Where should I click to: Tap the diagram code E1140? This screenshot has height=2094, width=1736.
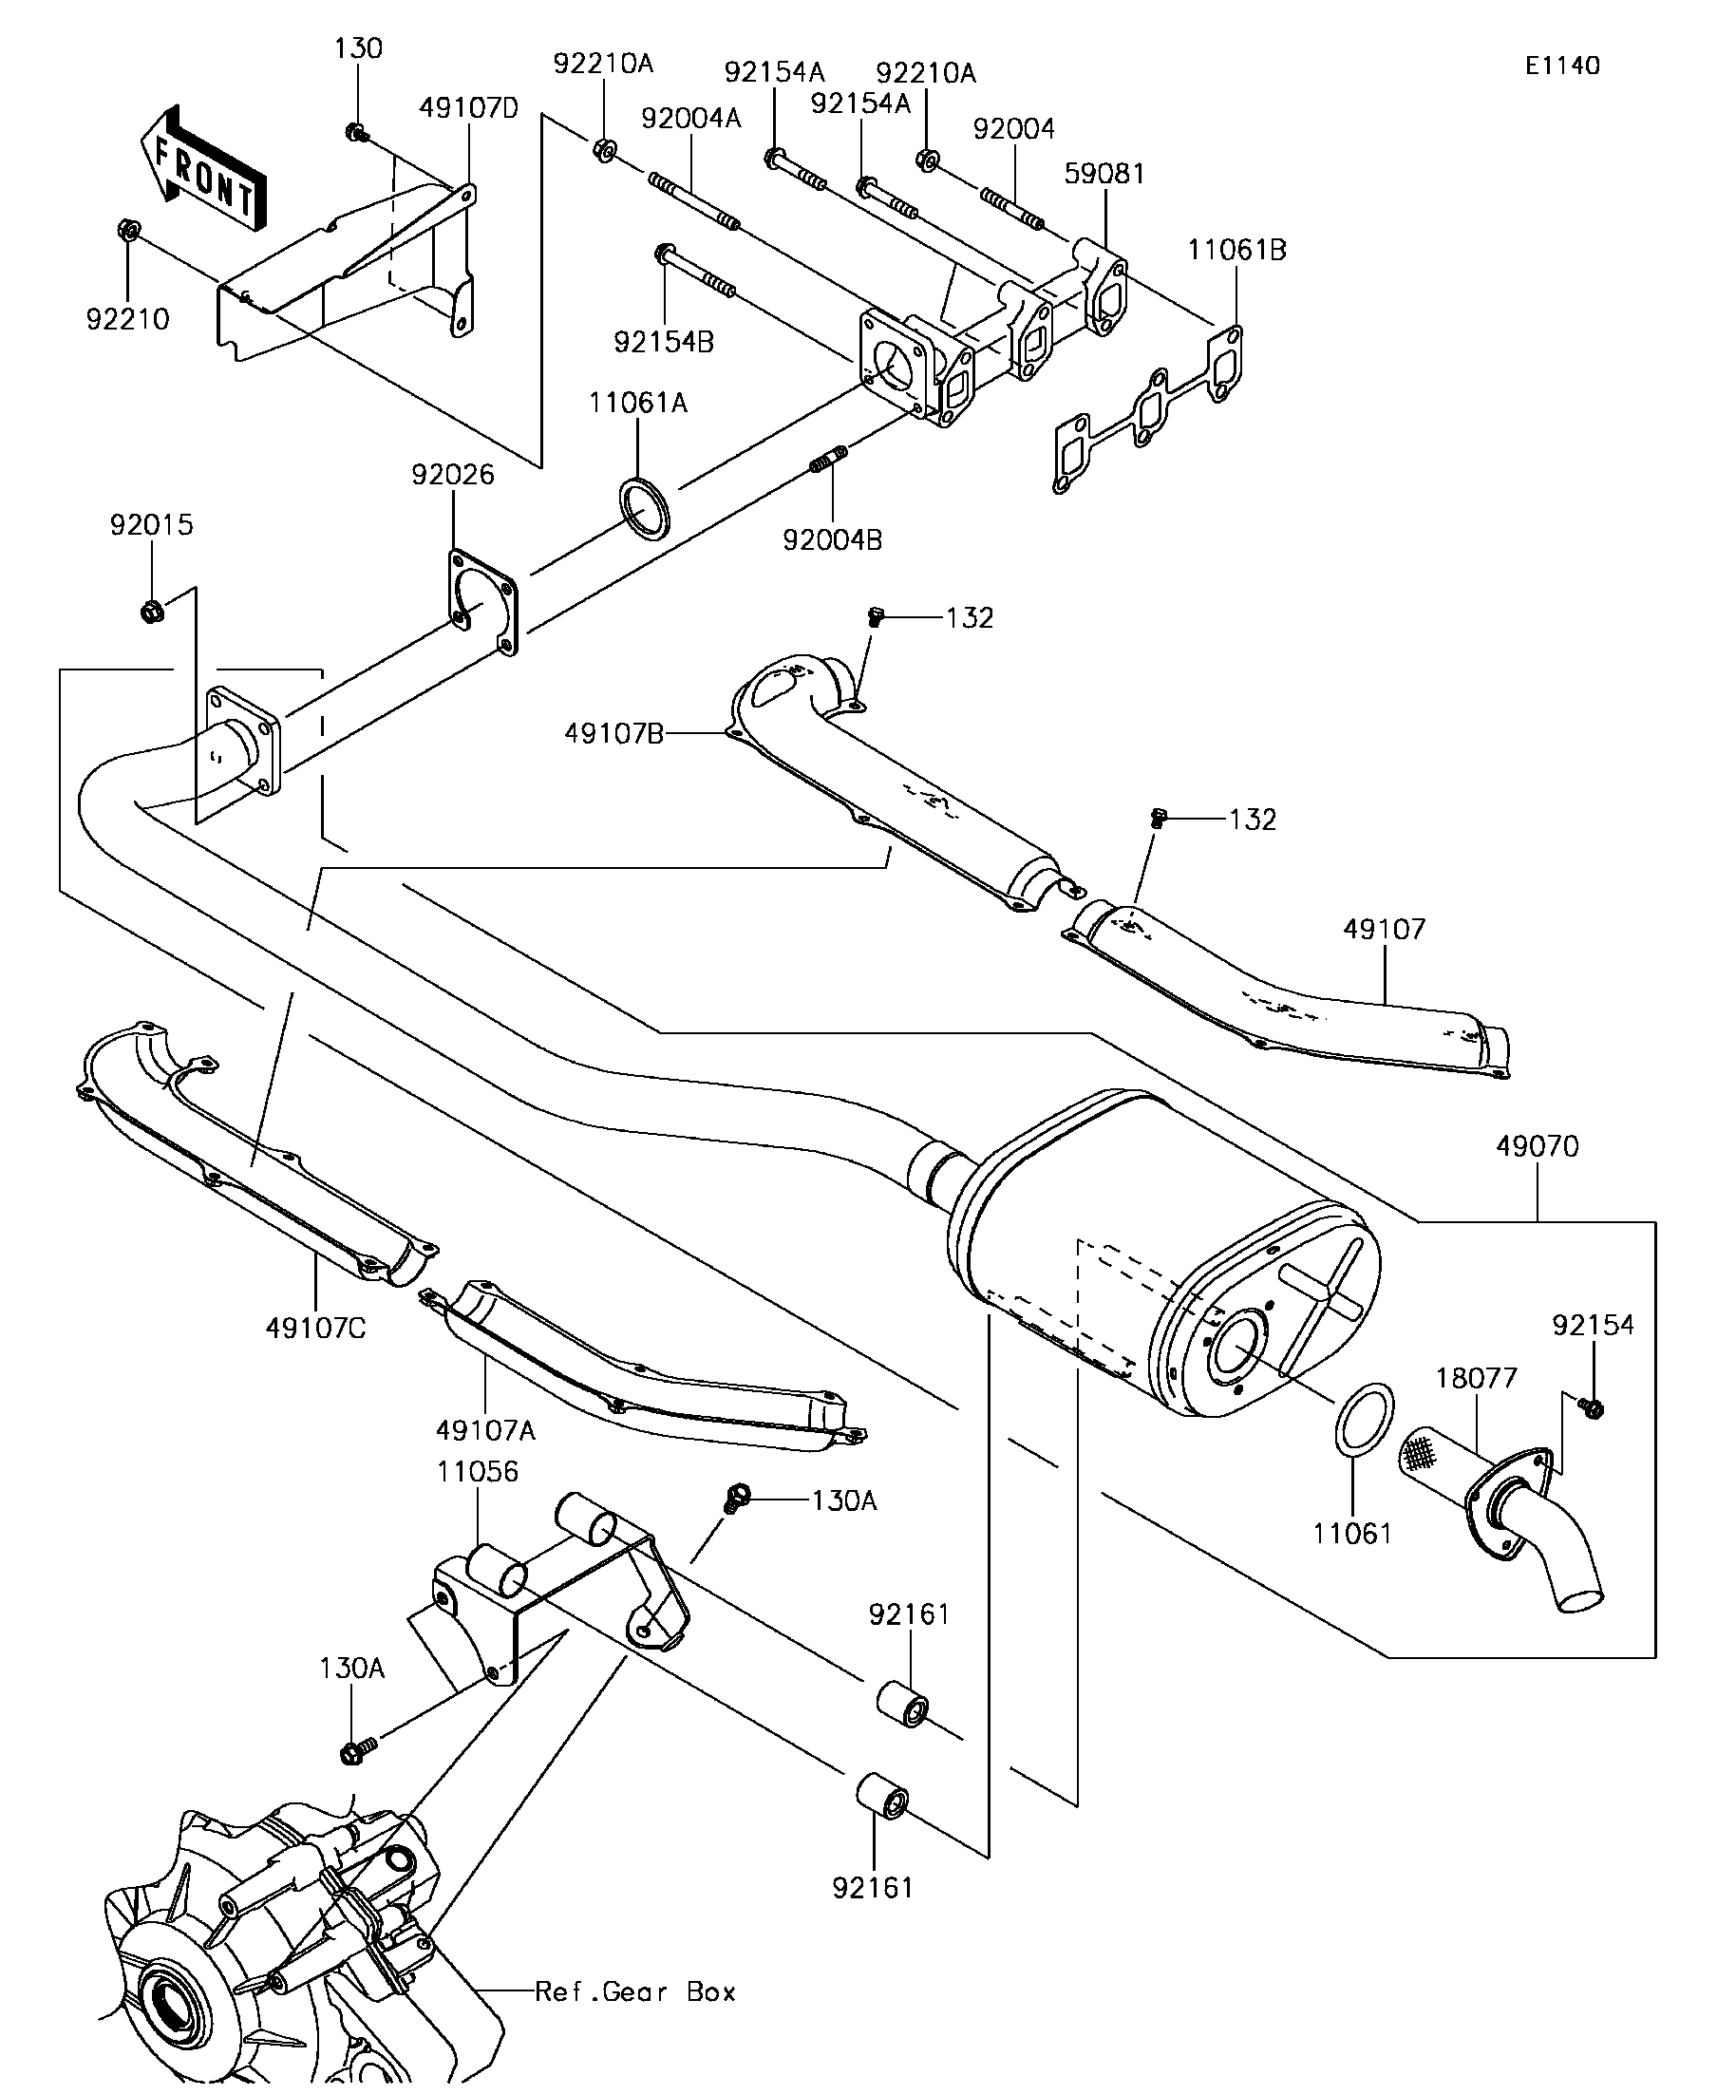(x=1561, y=66)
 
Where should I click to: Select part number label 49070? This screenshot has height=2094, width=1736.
(x=1537, y=1147)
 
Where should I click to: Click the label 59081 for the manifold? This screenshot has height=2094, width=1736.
(x=1104, y=174)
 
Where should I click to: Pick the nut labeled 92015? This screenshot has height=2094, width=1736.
(x=152, y=610)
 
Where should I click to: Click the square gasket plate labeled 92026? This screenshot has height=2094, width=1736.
(x=481, y=602)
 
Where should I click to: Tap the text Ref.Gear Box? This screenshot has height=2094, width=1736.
(x=635, y=1992)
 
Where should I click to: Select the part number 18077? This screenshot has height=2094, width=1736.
(x=1476, y=1378)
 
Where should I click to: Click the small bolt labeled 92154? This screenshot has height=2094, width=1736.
(x=1592, y=1408)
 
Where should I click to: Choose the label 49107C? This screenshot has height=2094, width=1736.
(x=316, y=1329)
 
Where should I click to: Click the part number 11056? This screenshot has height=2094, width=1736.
(x=478, y=1472)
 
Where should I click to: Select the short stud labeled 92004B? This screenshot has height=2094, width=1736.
(x=827, y=461)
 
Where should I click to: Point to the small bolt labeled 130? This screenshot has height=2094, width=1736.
(x=356, y=132)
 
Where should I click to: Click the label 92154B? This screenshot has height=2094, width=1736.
(x=664, y=342)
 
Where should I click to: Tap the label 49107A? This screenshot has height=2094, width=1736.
(x=485, y=1431)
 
